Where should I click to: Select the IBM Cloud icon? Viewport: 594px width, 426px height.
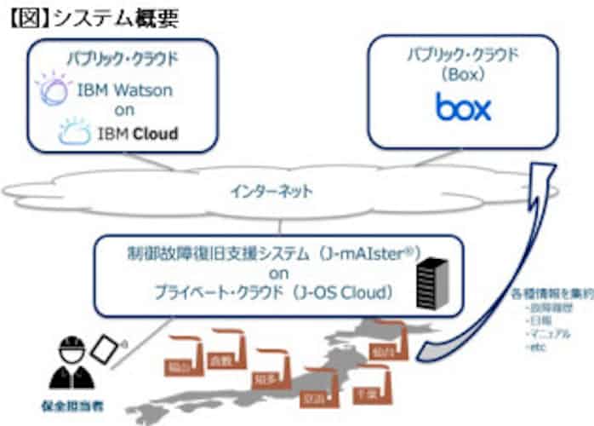[x=76, y=133]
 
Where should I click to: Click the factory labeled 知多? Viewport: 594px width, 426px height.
[x=266, y=371]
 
